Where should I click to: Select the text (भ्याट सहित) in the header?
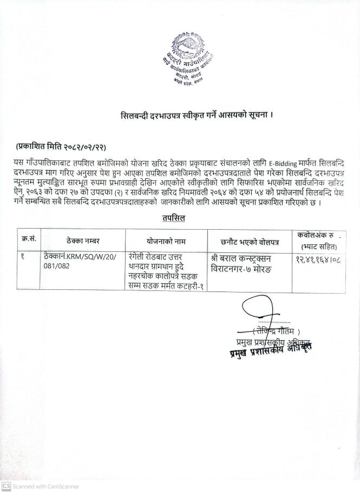pyautogui.click(x=316, y=246)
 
